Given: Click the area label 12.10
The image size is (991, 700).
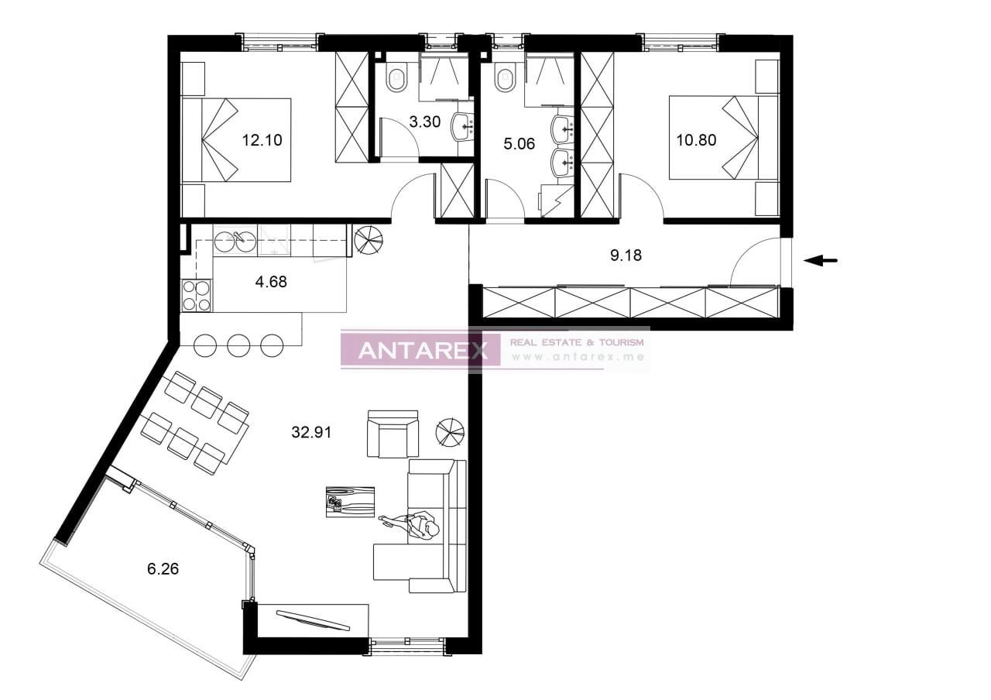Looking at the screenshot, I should point(262,140).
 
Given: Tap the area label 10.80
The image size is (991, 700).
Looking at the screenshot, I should point(696,140).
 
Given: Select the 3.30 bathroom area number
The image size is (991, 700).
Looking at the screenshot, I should point(424,122).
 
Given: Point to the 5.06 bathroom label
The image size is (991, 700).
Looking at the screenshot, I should point(520,143).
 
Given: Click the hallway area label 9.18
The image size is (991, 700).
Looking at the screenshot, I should point(626,255).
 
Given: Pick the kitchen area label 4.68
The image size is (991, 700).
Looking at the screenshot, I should point(271,282).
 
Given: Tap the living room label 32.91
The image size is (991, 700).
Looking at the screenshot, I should point(311,433).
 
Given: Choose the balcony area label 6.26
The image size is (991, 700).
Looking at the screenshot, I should point(163,568).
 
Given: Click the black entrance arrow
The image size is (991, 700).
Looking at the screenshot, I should point(821,261).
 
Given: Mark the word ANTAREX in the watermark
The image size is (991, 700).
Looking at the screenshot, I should point(423,351).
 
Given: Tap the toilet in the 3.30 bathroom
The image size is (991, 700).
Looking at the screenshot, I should point(396,78).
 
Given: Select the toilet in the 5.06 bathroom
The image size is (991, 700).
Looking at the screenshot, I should point(506,78).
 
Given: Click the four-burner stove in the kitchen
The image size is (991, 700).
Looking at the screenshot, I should point(196,296).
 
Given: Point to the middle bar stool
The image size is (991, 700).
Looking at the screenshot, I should point(238,345).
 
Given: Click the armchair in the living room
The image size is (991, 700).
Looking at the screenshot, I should point(393,434).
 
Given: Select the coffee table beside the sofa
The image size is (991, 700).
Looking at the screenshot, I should point(350,502).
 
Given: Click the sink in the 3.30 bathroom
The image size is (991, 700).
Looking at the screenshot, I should point(463,126).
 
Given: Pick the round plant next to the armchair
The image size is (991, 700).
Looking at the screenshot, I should point(451,432).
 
